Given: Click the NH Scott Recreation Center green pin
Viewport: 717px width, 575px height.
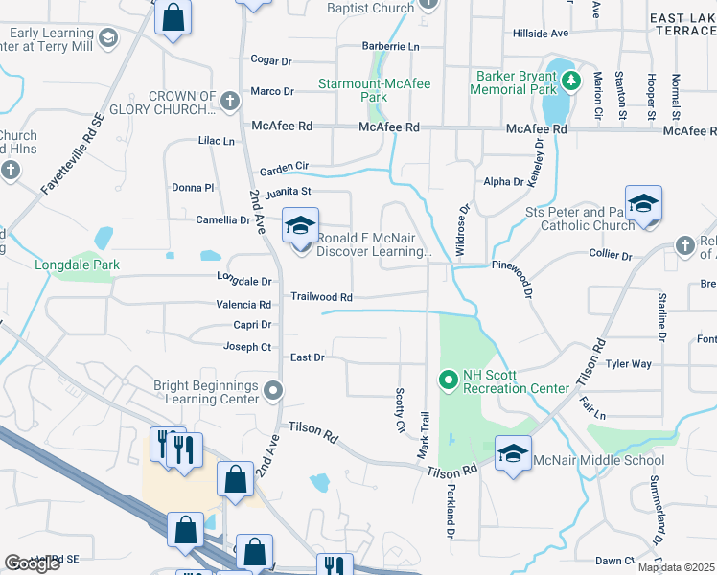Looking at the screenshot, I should (x=447, y=380).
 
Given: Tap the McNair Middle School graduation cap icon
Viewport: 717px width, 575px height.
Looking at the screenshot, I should (x=513, y=451).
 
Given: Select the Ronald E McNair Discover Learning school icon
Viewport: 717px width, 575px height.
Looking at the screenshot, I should (x=301, y=227).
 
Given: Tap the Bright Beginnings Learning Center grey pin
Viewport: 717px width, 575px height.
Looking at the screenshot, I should (x=273, y=390).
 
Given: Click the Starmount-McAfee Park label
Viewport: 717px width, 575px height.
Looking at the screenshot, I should (x=375, y=90).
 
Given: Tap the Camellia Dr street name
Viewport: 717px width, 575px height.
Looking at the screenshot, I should (x=223, y=219).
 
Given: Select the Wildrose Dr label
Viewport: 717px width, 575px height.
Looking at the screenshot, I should (x=463, y=231).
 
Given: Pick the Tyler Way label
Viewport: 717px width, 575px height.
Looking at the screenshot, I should (x=629, y=364).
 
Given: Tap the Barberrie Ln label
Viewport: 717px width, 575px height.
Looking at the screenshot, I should (x=390, y=46).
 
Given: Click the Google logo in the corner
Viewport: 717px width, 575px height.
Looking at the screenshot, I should (x=33, y=563).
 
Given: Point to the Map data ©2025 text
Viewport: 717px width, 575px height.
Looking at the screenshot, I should (x=676, y=567).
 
